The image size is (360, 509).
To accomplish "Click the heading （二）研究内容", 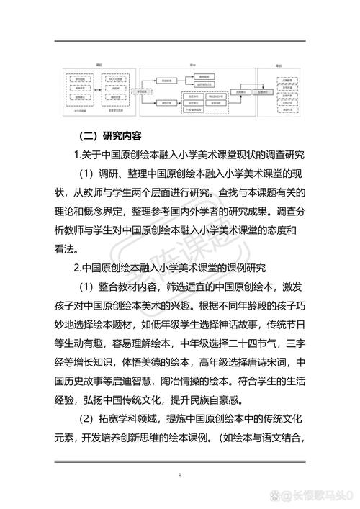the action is pos(109,135).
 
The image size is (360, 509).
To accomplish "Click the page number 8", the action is pos(179,476).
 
